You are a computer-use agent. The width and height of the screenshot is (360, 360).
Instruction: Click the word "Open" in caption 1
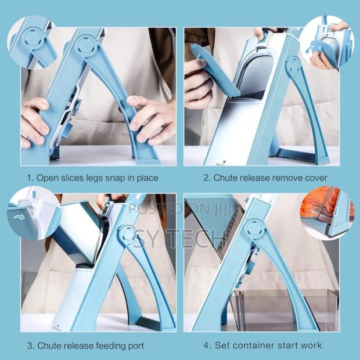(47, 178)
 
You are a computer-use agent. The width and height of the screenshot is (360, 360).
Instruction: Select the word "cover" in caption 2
(316, 178)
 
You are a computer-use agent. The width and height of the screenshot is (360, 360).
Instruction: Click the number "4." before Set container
(207, 345)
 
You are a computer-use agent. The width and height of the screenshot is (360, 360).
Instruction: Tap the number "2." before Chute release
(207, 178)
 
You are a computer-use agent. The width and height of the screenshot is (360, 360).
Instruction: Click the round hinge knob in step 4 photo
(255, 229)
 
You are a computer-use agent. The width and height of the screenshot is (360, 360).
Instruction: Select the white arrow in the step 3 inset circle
(19, 217)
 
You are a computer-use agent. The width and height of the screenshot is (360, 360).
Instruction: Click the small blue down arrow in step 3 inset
(34, 195)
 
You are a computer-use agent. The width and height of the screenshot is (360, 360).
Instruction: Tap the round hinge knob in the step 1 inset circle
(33, 38)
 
